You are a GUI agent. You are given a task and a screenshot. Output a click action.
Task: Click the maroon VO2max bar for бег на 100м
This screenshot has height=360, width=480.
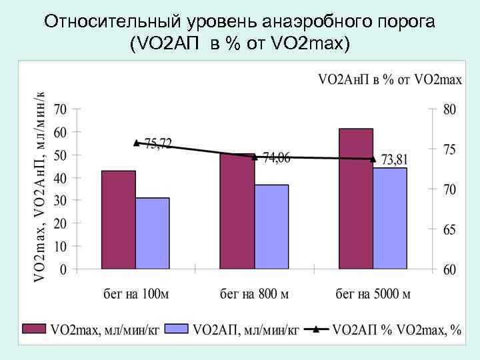[x=119, y=220]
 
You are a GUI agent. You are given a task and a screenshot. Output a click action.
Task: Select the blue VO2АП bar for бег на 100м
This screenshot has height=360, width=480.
[x=153, y=233]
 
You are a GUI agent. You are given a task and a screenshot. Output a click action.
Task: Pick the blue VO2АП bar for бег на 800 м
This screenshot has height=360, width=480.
[x=271, y=227]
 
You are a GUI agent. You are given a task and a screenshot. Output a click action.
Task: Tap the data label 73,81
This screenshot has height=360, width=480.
[x=394, y=159]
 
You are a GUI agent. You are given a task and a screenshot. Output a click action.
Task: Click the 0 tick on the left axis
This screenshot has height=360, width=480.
[x=63, y=270]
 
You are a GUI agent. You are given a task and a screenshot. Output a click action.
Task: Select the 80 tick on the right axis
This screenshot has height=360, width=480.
[x=450, y=109]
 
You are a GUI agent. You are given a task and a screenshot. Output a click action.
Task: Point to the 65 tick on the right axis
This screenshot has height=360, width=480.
[x=450, y=230]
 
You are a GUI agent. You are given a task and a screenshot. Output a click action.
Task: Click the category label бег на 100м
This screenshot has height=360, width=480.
[x=135, y=293]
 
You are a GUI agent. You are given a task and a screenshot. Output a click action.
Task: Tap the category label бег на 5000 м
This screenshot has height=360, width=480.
[x=373, y=293]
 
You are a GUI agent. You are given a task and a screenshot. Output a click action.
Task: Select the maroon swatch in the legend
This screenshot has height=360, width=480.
[x=34, y=329]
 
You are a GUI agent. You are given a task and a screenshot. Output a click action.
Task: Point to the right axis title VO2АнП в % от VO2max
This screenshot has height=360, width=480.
[x=390, y=80]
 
